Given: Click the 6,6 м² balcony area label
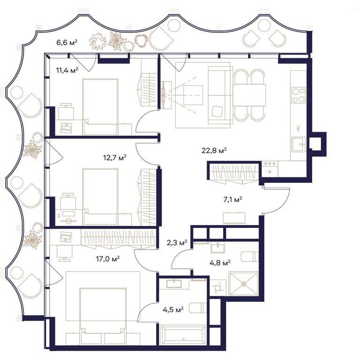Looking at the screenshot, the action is (67, 43).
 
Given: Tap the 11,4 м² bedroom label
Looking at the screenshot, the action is (67, 70).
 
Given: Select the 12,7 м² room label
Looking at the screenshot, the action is (115, 157).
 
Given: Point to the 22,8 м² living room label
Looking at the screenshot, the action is (214, 150).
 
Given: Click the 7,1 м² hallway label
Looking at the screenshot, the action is (233, 200).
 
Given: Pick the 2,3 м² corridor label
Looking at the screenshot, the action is (177, 242).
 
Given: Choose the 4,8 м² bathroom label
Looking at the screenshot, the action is (220, 262).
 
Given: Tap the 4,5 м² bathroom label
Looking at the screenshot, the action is (173, 310).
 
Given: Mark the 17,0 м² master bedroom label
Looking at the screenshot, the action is (108, 259).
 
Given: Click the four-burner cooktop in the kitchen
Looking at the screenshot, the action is (299, 95).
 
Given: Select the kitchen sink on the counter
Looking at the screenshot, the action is (299, 144).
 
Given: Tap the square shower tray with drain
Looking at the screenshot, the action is (244, 284).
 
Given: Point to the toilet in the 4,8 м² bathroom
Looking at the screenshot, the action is (250, 256).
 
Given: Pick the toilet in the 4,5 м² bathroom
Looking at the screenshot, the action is (198, 308).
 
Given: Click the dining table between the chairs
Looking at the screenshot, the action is (249, 95).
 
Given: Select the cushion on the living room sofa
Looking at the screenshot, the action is (217, 112).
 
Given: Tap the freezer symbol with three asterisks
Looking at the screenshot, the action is (270, 164).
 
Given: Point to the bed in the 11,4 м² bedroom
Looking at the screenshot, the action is (100, 107).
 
